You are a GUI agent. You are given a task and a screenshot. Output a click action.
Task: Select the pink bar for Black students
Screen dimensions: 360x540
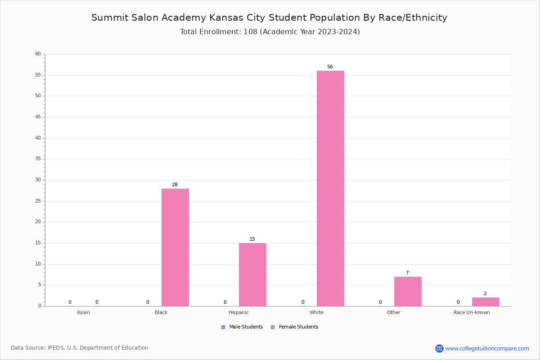coord(175,247)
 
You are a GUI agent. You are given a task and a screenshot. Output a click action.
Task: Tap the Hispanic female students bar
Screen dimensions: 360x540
coord(252,274)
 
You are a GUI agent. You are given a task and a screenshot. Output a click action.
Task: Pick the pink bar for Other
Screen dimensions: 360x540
coord(408,291)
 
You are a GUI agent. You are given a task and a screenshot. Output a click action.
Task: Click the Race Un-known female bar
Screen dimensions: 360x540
coord(486,301)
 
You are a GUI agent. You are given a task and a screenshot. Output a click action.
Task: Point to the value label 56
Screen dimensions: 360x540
coord(330,67)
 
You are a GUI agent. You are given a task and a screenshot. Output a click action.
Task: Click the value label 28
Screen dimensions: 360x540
coord(175,185)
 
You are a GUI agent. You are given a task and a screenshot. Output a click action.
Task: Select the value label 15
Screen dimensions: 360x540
coord(252,239)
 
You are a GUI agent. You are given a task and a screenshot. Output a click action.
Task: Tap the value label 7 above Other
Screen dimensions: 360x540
coord(407,273)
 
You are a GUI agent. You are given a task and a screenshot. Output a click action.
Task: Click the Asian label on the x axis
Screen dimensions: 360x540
coord(83,312)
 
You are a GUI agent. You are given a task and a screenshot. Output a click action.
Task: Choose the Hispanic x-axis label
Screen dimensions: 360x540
coord(238,312)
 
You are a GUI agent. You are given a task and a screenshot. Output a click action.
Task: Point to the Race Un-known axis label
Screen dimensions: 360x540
coord(472,312)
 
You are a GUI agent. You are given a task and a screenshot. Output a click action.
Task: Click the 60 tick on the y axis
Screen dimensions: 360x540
coord(38,54)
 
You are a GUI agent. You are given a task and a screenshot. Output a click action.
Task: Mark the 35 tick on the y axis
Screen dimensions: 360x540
coord(38,159)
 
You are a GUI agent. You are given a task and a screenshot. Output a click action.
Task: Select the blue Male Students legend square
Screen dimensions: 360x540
coord(223,327)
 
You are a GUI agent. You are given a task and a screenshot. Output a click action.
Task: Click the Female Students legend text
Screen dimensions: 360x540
coord(298,327)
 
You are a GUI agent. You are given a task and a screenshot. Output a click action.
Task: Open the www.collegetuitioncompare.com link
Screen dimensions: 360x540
coord(487,348)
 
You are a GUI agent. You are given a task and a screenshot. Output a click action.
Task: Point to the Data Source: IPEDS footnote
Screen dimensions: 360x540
coord(80,348)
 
